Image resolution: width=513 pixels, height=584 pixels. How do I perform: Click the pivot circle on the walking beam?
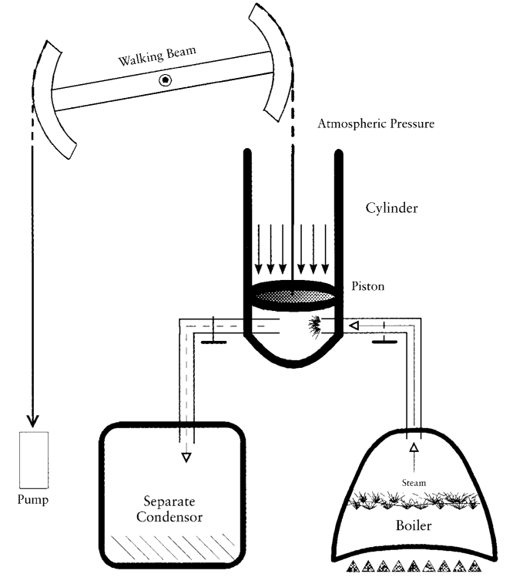pyautogui.click(x=165, y=79)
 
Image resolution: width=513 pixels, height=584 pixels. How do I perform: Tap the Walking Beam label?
pyautogui.click(x=157, y=56)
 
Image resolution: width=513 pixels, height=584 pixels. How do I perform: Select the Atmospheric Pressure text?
pyautogui.click(x=376, y=123)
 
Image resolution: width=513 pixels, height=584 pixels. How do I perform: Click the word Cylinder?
pyautogui.click(x=391, y=208)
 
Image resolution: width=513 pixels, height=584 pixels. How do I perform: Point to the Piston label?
pyautogui.click(x=368, y=286)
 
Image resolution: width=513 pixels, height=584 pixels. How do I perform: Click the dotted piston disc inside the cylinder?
pyautogui.click(x=293, y=295)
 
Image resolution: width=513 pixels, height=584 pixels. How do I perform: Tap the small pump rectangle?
pyautogui.click(x=34, y=460)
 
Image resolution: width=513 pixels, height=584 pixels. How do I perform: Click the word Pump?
pyautogui.click(x=33, y=499)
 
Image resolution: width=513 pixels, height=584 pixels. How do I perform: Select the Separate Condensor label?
pyautogui.click(x=169, y=508)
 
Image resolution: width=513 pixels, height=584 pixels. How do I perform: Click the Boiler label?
pyautogui.click(x=414, y=525)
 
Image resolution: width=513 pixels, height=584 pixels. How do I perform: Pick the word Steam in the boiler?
pyautogui.click(x=414, y=483)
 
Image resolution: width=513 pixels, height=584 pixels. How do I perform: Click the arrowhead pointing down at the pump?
pyautogui.click(x=32, y=421)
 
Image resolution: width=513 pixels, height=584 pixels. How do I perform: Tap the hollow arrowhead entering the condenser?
pyautogui.click(x=186, y=457)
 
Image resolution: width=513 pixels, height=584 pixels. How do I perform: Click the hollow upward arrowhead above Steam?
pyautogui.click(x=414, y=447)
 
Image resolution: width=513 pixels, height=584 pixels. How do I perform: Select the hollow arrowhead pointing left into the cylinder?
pyautogui.click(x=354, y=326)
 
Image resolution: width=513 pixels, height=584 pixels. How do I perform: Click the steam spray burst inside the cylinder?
pyautogui.click(x=314, y=327)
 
